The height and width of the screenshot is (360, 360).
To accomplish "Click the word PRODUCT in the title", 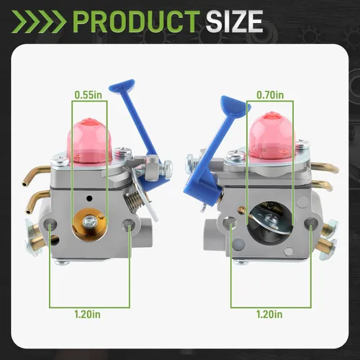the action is pyautogui.click(x=137, y=22).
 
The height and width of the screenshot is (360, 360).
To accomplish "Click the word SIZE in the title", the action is pyautogui.click(x=235, y=22).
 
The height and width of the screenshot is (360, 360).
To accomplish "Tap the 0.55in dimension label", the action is pyautogui.click(x=89, y=95).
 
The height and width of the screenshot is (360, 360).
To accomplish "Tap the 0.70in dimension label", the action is pyautogui.click(x=270, y=95).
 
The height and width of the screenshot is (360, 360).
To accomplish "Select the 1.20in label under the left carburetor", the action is pyautogui.click(x=87, y=314).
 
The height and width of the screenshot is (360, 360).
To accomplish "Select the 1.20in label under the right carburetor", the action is pyautogui.click(x=269, y=314).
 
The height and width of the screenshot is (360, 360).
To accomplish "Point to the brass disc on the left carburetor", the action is pyautogui.click(x=88, y=225).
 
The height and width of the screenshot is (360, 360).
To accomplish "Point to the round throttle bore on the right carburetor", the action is pyautogui.click(x=270, y=222).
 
